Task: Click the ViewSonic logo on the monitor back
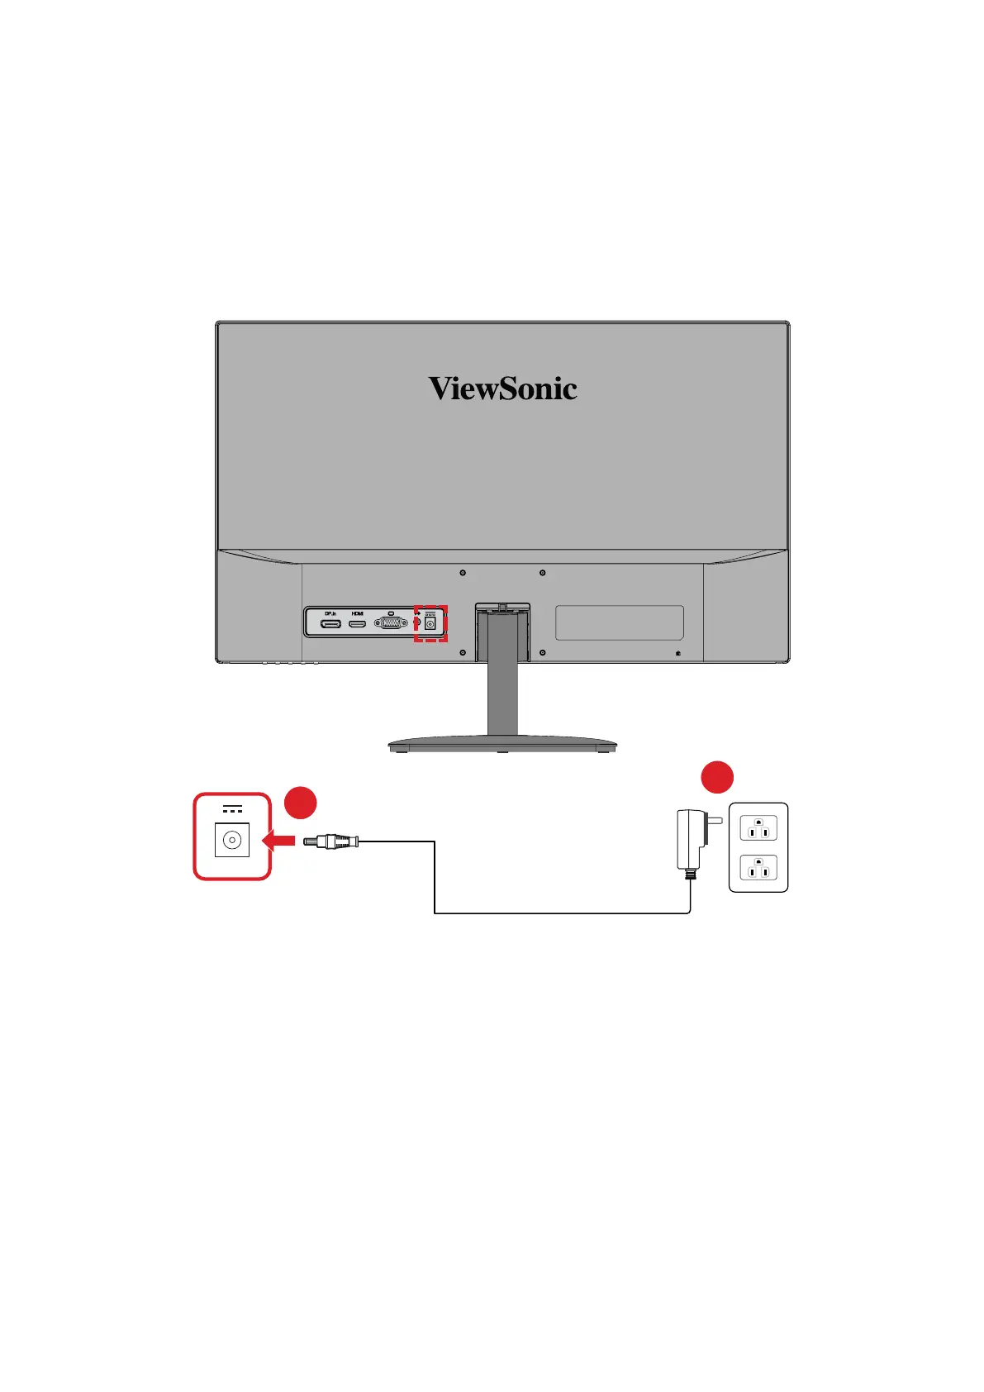pos(502,389)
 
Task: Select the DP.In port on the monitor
pos(330,623)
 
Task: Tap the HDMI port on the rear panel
pos(357,623)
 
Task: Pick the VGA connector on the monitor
pos(390,623)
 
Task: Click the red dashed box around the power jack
pos(430,623)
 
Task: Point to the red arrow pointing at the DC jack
pos(278,841)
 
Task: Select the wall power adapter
pos(692,838)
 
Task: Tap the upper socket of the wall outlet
pos(758,828)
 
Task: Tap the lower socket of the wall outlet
pos(758,868)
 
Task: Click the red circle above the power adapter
pos(717,778)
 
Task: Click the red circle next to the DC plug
pos(301,803)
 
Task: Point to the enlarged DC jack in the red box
pos(232,841)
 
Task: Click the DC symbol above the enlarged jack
pos(232,808)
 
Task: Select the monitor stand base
pos(502,744)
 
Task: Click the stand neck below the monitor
pos(502,690)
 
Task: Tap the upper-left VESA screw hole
pos(463,573)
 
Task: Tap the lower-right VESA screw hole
pos(542,653)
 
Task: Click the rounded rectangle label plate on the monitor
pos(619,622)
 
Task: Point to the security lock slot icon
pos(677,653)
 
